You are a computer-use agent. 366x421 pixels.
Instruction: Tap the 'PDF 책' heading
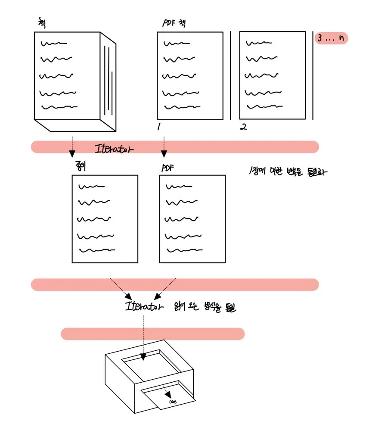point(174,23)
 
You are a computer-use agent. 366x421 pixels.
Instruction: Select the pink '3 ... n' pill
point(331,38)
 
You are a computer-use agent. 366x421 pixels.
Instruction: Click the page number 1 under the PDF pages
point(159,127)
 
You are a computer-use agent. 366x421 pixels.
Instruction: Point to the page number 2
point(243,127)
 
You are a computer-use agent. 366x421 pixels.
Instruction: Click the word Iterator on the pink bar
point(115,149)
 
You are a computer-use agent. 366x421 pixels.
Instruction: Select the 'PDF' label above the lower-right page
point(167,168)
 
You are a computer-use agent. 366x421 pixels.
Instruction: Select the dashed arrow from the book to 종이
point(72,147)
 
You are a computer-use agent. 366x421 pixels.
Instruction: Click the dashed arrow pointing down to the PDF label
point(164,147)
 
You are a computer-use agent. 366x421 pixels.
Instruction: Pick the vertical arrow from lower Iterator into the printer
point(143,336)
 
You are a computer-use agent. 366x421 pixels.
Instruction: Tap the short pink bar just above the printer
point(153,334)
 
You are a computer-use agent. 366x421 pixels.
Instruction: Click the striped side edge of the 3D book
point(108,82)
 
